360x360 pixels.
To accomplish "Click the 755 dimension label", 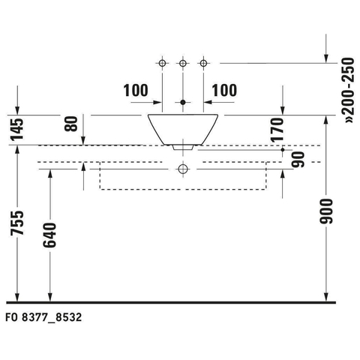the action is coord(17,223).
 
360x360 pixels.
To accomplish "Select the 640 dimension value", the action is coord(49,235).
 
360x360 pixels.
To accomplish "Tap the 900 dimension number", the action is coord(325,211).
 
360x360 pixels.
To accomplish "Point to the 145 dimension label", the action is coord(17,129).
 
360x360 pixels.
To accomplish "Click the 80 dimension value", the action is coord(71,124).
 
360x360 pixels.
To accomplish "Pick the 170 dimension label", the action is coord(277,130).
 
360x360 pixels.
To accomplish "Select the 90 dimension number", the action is coord(298,159).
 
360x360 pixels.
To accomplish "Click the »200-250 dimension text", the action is coord(349,90).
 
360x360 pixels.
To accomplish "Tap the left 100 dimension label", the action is coord(136,90).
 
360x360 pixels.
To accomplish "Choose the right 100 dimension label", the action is coord(224,90).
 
